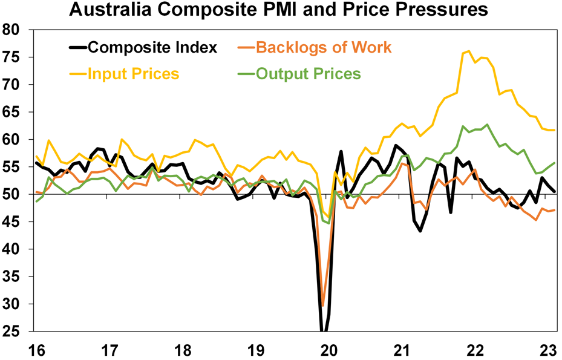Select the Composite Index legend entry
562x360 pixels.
click(152, 47)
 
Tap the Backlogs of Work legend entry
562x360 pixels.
click(324, 47)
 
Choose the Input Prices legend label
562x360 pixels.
click(133, 74)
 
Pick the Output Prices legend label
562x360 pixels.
click(308, 74)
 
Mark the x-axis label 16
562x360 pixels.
click(35, 350)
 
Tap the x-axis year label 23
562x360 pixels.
click(548, 350)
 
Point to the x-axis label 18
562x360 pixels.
click(182, 350)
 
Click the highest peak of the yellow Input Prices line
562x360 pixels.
click(469, 51)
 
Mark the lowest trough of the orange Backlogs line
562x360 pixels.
click(322, 306)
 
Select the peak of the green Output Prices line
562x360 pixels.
click(487, 125)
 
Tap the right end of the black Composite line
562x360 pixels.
click(555, 191)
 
